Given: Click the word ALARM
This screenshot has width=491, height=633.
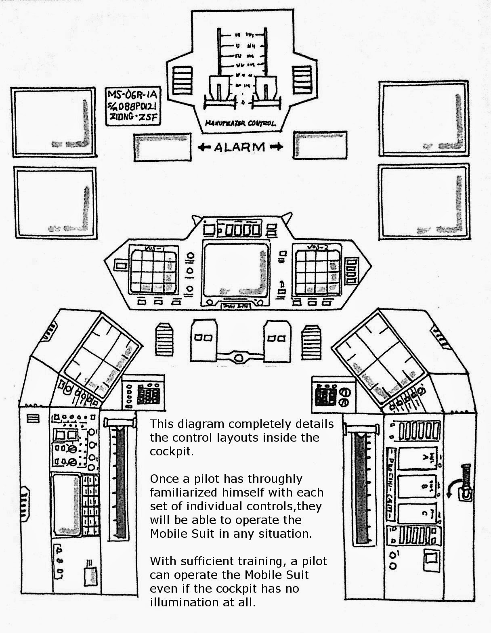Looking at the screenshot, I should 239,147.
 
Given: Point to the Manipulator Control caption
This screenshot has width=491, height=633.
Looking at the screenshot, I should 240,124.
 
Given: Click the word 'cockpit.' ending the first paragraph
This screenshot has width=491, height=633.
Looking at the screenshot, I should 172,452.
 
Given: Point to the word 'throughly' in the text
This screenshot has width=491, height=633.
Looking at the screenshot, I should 275,479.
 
